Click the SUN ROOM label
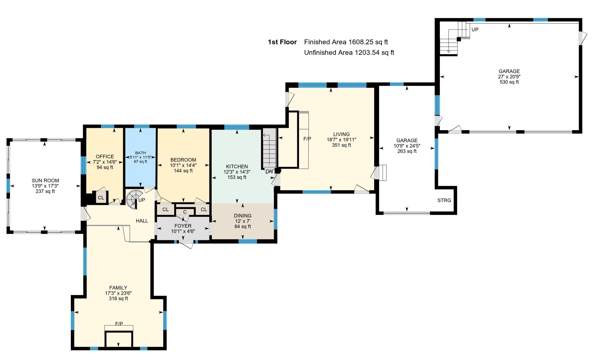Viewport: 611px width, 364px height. pyautogui.click(x=45, y=181)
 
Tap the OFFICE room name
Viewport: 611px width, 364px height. pyautogui.click(x=105, y=157)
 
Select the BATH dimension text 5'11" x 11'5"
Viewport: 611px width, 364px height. pyautogui.click(x=140, y=157)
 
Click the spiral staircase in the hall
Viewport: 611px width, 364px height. pyautogui.click(x=133, y=198)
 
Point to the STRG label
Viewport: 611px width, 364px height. pyautogui.click(x=444, y=200)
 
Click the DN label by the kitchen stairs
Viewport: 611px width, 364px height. pyautogui.click(x=269, y=171)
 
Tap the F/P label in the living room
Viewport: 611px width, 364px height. pyautogui.click(x=307, y=139)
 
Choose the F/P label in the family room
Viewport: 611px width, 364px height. pyautogui.click(x=119, y=324)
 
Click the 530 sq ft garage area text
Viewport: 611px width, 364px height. pyautogui.click(x=509, y=82)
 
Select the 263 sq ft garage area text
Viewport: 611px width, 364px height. pyautogui.click(x=407, y=151)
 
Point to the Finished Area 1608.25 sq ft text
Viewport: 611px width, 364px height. pyautogui.click(x=346, y=42)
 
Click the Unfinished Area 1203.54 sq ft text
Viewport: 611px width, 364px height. pyautogui.click(x=349, y=53)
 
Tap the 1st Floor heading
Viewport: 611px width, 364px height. pyautogui.click(x=282, y=42)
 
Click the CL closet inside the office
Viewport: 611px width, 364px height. pyautogui.click(x=101, y=197)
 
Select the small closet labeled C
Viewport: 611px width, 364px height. pyautogui.click(x=185, y=212)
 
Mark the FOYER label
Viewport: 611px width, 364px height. pyautogui.click(x=183, y=226)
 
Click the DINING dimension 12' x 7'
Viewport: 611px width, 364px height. pyautogui.click(x=243, y=221)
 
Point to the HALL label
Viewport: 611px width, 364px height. pyautogui.click(x=142, y=221)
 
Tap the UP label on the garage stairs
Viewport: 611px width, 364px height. pyautogui.click(x=475, y=30)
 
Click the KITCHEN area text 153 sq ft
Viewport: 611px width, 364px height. pyautogui.click(x=237, y=177)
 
